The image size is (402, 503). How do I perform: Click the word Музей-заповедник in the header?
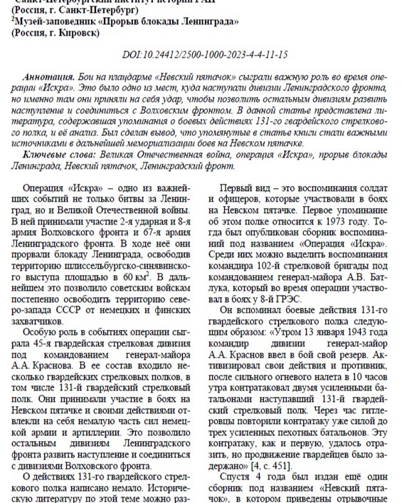pyautogui.click(x=52, y=22)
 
